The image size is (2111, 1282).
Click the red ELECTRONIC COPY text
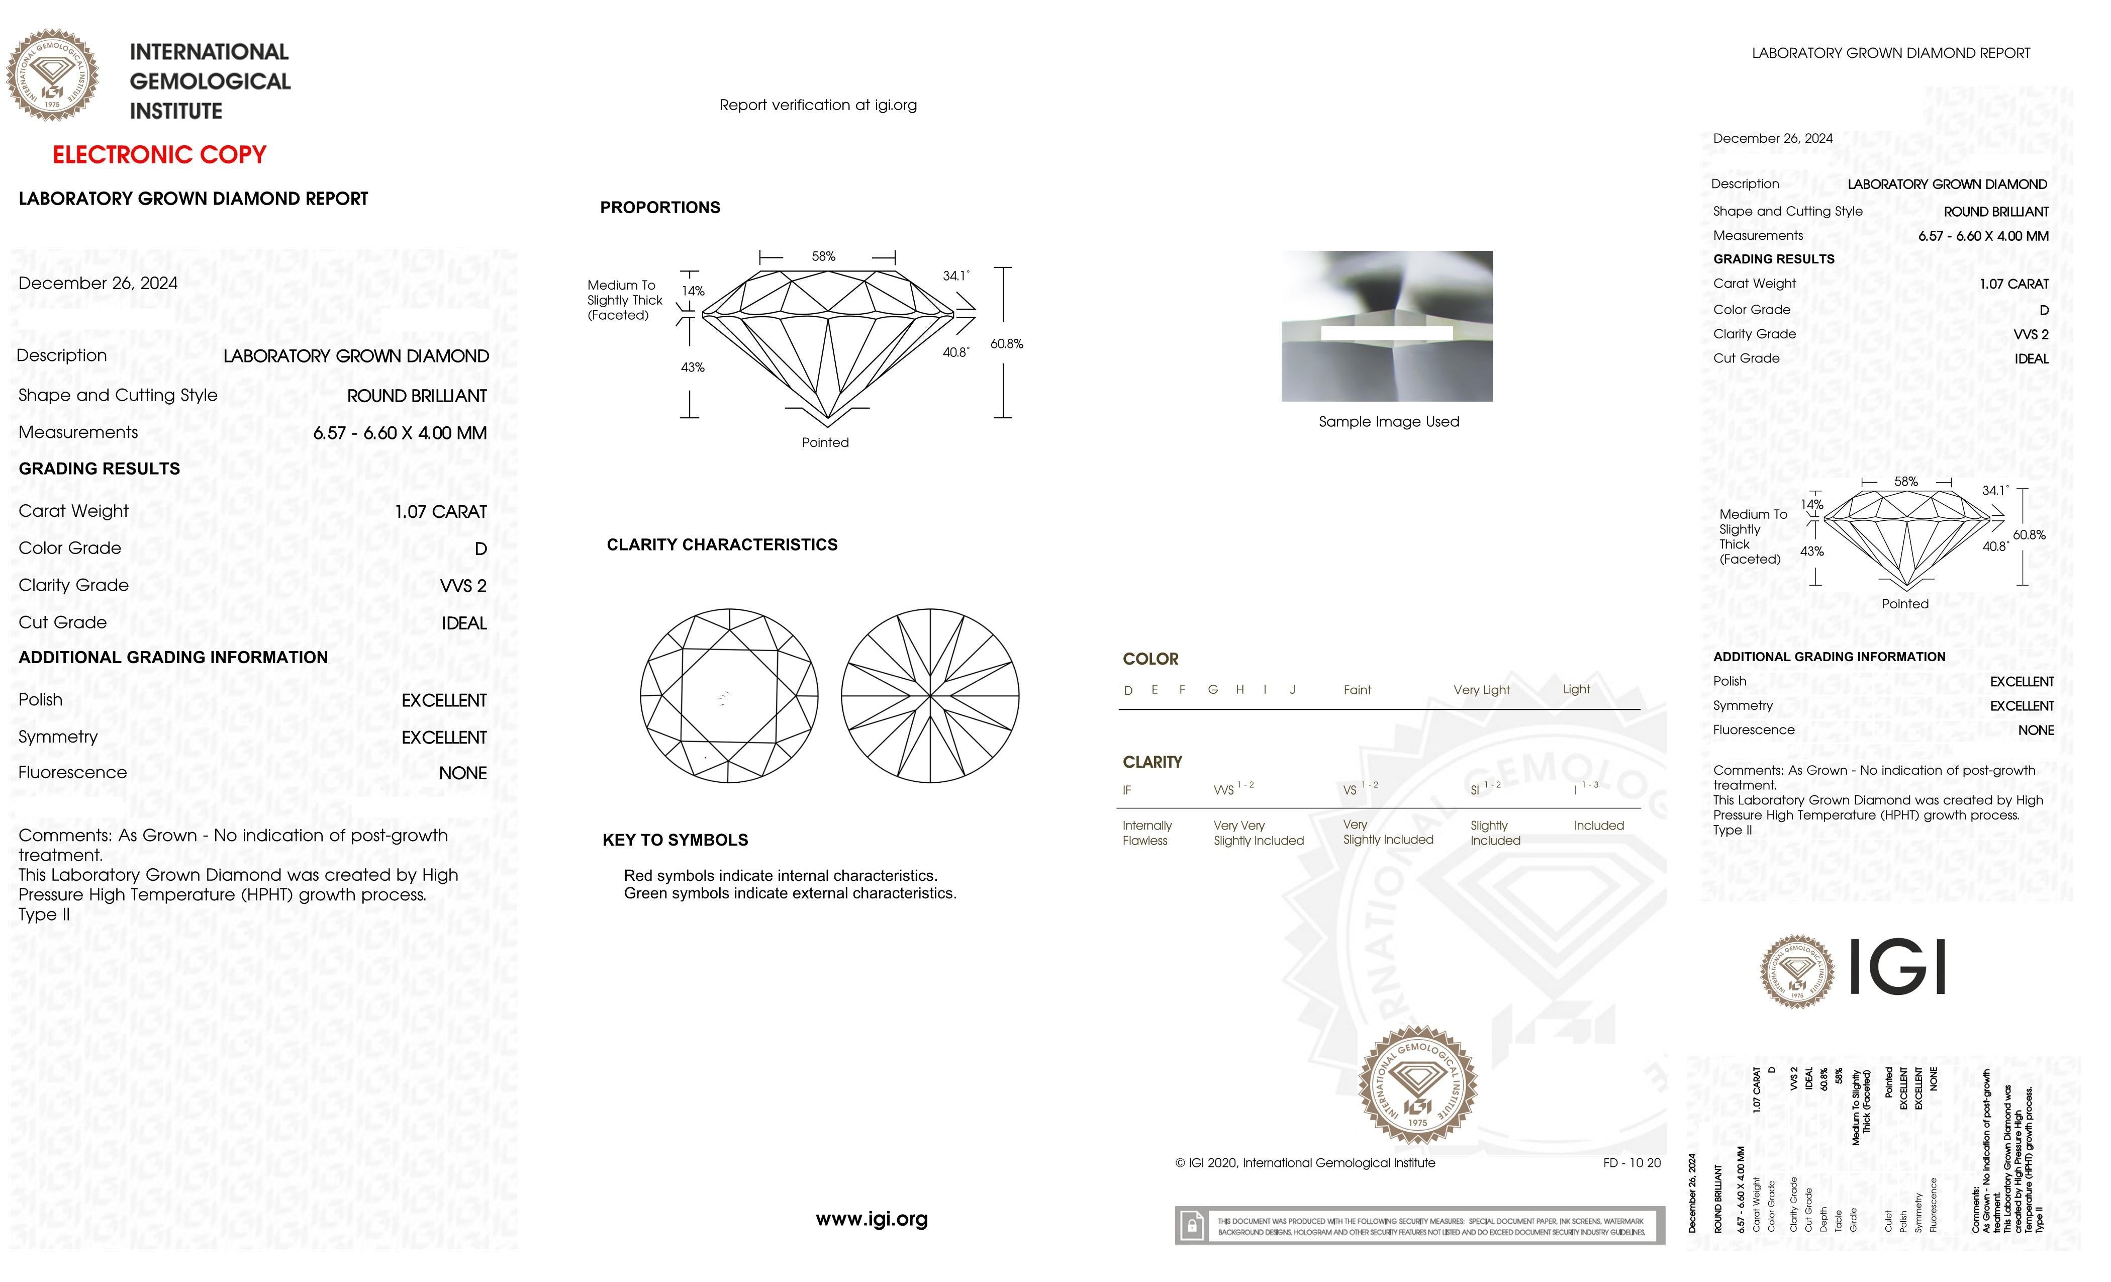point(159,155)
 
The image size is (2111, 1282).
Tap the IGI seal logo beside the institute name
point(52,75)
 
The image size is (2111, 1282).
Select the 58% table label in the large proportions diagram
point(823,256)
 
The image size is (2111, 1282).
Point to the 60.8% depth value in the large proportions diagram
point(1007,344)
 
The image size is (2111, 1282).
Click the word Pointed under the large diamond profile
point(825,442)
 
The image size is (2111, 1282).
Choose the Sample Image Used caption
point(1388,422)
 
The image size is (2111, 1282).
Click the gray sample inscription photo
point(1386,326)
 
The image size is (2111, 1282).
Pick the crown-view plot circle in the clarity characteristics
point(729,696)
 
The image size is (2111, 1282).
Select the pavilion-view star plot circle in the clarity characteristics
point(929,696)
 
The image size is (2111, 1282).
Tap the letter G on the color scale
point(1212,690)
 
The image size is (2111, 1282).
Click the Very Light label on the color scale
point(1481,690)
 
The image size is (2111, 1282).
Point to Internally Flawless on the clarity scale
point(1146,833)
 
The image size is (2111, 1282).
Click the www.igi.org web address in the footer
point(872,1219)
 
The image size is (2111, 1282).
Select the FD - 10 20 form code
point(1631,1163)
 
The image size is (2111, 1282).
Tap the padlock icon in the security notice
point(1191,1226)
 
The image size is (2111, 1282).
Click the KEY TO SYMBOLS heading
point(675,840)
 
